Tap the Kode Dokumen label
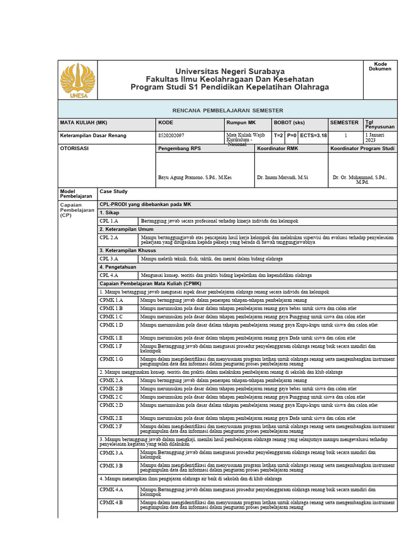pyautogui.click(x=380, y=66)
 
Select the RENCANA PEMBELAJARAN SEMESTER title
pyautogui.click(x=228, y=110)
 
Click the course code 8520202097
pyautogui.click(x=171, y=135)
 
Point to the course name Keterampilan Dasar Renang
pyautogui.click(x=93, y=135)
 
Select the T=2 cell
pyautogui.click(x=278, y=135)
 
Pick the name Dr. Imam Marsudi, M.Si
pyautogui.click(x=282, y=178)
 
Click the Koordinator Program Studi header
pyautogui.click(x=362, y=148)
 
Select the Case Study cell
pyautogui.click(x=113, y=191)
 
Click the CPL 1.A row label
pyautogui.click(x=109, y=221)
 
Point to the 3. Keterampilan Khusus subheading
pyautogui.click(x=128, y=250)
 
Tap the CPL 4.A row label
pyautogui.click(x=109, y=276)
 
